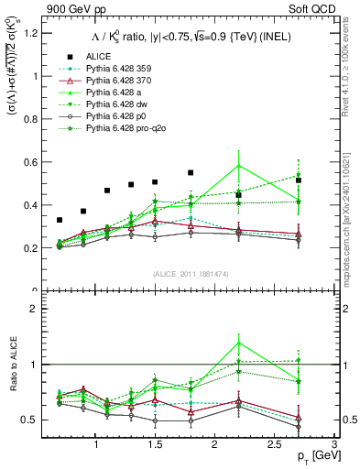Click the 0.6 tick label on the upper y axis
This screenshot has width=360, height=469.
(x=34, y=162)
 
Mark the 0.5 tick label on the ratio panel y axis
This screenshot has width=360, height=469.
(x=34, y=420)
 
